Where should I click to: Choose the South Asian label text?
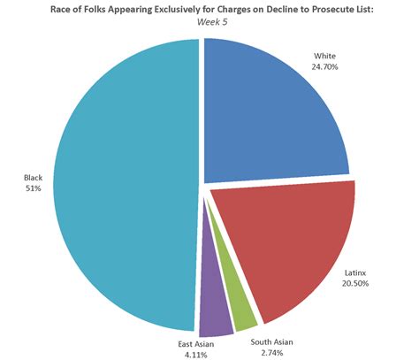click(x=270, y=341)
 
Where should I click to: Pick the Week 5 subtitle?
click(x=209, y=22)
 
